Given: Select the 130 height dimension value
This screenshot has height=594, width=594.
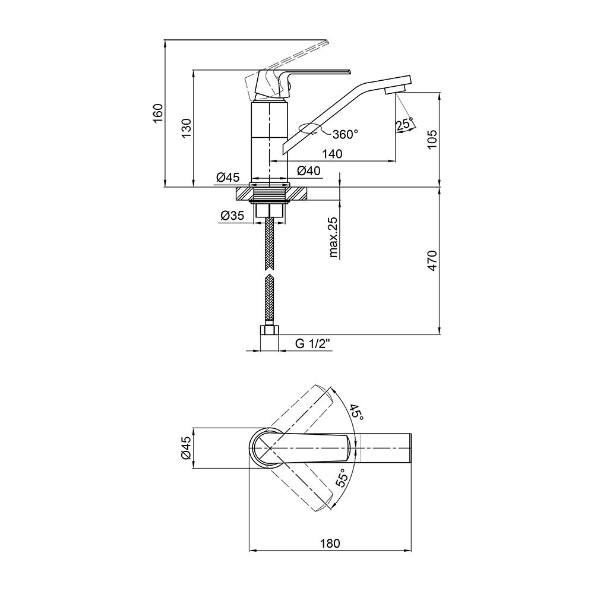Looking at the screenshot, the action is coord(187,128).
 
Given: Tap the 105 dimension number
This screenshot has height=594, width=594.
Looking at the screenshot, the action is coord(432,140).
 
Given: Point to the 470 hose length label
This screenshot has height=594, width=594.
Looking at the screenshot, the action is coord(432,260).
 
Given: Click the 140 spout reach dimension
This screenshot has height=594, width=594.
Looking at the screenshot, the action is coord(332,154).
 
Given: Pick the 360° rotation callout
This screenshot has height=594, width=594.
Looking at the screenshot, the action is coord(345,134).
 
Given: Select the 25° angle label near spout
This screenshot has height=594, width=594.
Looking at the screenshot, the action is coord(404,124).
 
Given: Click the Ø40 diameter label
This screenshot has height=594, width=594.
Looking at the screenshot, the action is coord(309,170).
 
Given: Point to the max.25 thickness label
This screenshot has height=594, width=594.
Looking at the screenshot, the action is coord(333,238).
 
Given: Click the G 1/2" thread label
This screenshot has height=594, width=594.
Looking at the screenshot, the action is coord(313,343).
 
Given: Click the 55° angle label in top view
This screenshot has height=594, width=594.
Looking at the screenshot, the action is coord(342,478).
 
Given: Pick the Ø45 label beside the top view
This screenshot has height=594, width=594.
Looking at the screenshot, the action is coord(187,448).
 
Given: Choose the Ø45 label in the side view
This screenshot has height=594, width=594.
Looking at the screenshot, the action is coord(228,177).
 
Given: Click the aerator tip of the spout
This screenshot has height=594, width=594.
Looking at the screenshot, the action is coord(396,90).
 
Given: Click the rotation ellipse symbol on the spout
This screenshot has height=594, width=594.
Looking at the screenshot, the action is coord(310,128).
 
